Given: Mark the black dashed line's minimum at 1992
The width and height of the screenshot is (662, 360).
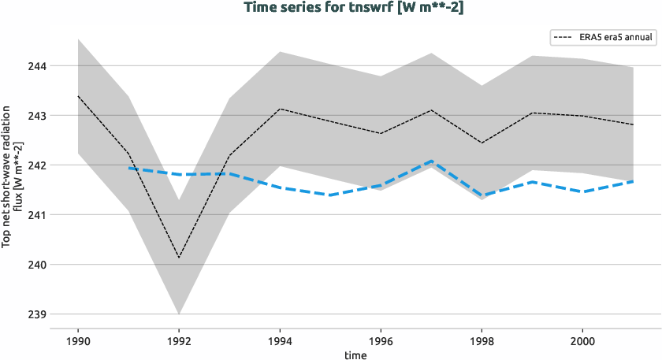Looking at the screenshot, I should [179, 258].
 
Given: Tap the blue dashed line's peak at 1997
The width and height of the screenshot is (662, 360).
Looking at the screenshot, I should [431, 161].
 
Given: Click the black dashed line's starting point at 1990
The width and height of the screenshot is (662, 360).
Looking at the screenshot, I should [78, 96].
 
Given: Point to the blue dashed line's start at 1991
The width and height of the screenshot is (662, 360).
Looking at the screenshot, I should [128, 168].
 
